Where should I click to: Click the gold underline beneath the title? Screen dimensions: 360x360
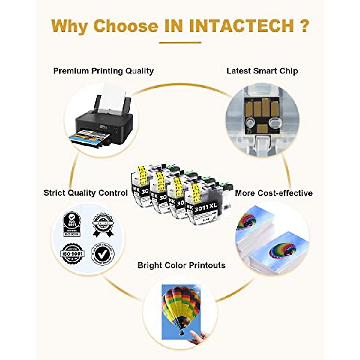coord(180,43)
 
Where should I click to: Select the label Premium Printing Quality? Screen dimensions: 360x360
coord(103,71)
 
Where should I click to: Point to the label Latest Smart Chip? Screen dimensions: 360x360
coord(262,71)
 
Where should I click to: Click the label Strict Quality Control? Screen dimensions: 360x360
coord(86,193)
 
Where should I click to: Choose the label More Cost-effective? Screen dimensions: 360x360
coord(274,193)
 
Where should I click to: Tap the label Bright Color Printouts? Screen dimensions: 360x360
coord(181,265)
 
